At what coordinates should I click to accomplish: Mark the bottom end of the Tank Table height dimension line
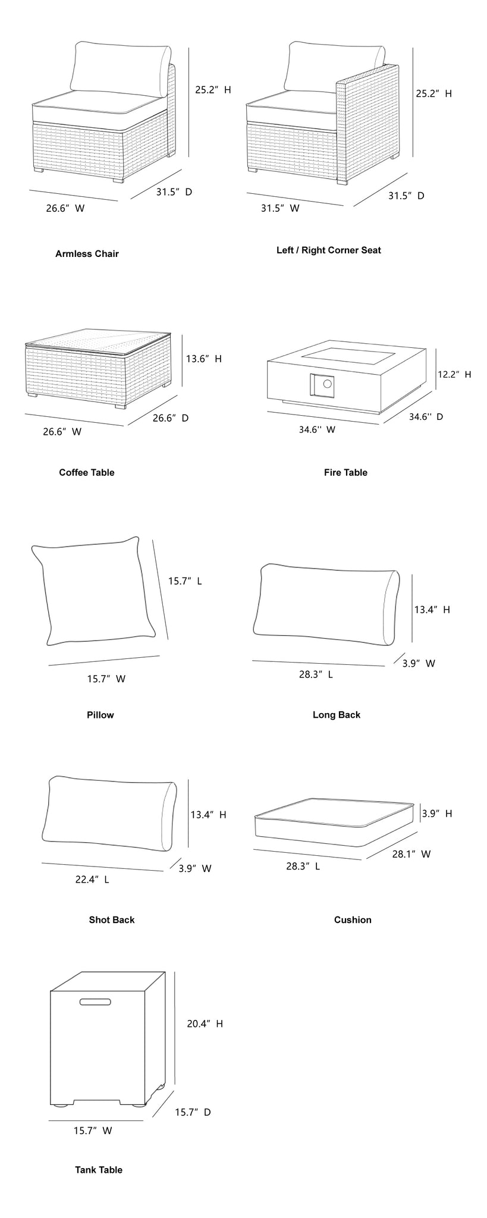(175, 1085)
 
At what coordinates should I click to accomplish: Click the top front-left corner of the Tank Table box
(51, 991)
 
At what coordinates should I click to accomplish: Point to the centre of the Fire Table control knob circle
(326, 384)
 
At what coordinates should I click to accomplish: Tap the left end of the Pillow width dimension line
(49, 665)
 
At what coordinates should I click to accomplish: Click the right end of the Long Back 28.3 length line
(385, 666)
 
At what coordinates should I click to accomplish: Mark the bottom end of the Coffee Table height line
(181, 387)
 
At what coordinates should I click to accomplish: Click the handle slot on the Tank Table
(95, 1002)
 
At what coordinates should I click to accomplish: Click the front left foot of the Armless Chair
(40, 171)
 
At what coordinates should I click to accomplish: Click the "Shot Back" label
(112, 919)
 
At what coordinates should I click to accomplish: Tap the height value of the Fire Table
(454, 374)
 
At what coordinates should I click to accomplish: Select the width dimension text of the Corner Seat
(280, 208)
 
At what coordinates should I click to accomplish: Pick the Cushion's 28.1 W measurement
(411, 854)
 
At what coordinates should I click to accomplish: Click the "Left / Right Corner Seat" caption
(329, 250)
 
